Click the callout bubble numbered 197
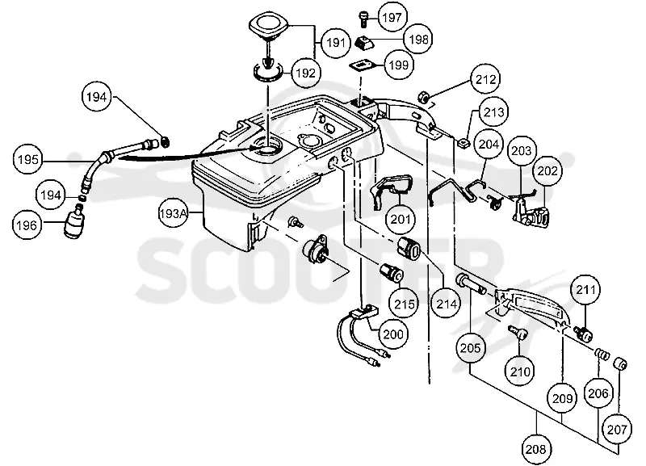(x=392, y=18)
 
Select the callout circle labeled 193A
(x=174, y=213)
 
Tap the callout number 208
(x=535, y=449)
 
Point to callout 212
(x=486, y=79)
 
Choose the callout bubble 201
(x=401, y=219)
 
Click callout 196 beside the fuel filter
(x=27, y=225)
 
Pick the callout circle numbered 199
(x=399, y=65)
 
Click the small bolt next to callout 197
(x=363, y=19)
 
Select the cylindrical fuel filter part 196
(x=75, y=221)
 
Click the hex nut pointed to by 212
(x=423, y=97)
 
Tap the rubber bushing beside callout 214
(x=409, y=248)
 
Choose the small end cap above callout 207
(x=620, y=363)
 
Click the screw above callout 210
(x=518, y=331)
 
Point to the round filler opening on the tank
(x=267, y=149)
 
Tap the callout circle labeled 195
(x=28, y=159)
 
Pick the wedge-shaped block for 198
(x=363, y=42)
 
